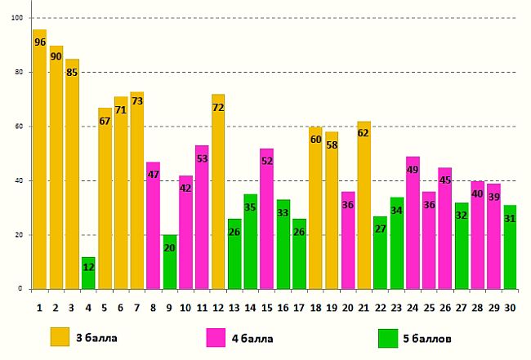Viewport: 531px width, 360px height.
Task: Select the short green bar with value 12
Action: [88, 273]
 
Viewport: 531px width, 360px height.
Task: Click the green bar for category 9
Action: [169, 262]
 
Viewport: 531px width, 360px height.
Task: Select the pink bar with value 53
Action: [202, 217]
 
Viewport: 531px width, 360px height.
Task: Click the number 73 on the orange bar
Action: [137, 101]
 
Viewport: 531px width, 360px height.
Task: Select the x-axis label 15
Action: [266, 308]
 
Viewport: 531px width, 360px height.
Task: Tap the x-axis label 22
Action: [380, 308]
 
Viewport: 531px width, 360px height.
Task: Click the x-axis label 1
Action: [39, 308]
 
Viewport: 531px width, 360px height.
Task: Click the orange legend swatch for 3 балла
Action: [60, 337]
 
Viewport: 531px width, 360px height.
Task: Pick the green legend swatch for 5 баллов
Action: [389, 337]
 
